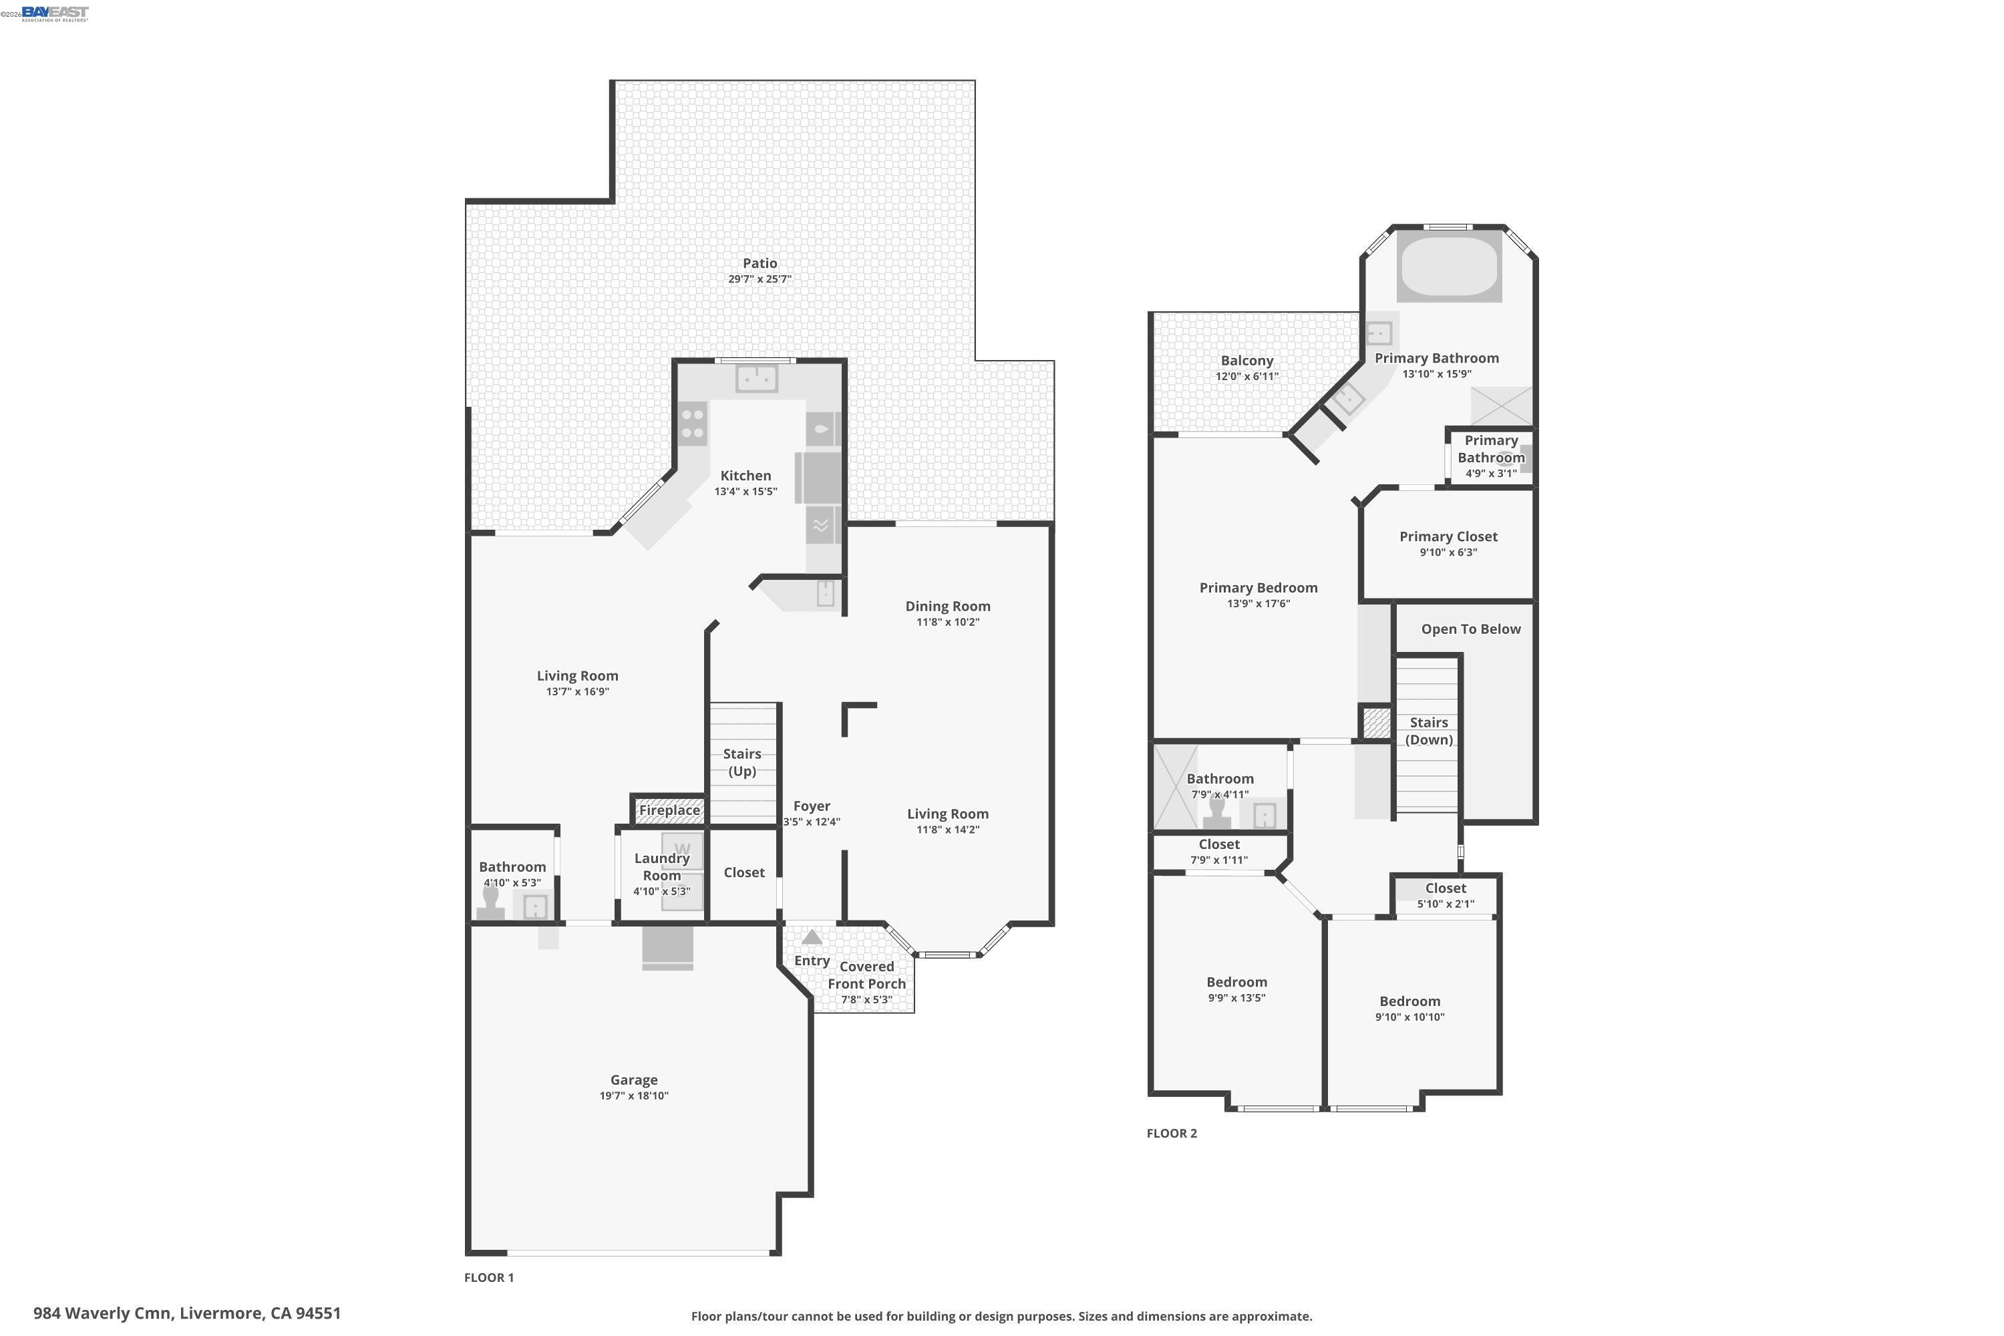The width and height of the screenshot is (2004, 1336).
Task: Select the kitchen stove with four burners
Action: pos(693,424)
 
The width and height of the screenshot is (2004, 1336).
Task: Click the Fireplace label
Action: pos(670,810)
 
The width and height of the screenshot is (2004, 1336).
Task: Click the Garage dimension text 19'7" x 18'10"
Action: pos(634,1096)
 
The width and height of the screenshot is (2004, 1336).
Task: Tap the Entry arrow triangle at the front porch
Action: pos(812,937)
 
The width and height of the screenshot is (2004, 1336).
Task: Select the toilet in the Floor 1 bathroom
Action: pos(491,901)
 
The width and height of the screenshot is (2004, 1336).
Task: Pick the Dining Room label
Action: pos(947,606)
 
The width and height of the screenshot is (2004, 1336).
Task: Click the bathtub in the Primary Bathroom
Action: pos(1450,266)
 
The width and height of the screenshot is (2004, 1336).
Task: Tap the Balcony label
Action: pos(1246,361)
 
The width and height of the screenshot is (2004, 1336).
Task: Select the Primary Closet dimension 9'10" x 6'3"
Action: pos(1448,552)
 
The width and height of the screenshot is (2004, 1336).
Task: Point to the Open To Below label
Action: pos(1471,629)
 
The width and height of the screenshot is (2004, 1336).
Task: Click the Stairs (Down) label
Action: pos(1429,731)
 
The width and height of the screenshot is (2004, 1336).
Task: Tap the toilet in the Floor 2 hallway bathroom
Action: pos(1216,812)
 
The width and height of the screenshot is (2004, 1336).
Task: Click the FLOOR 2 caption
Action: pos(1172,1133)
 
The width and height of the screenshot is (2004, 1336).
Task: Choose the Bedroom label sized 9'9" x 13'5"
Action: pos(1236,983)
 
